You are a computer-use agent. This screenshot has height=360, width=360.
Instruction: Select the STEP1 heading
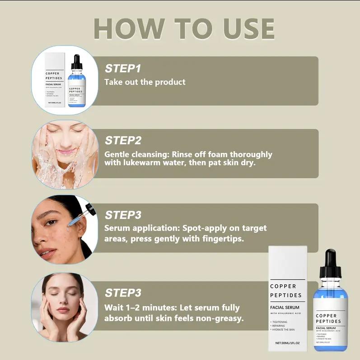tap(123, 69)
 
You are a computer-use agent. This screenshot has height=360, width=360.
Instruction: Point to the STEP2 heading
tap(123, 140)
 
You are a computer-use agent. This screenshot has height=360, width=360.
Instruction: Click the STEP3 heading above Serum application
tap(123, 215)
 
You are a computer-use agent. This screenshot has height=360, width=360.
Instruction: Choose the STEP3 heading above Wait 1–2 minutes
tap(123, 293)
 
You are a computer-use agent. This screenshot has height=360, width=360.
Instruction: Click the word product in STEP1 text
tap(170, 82)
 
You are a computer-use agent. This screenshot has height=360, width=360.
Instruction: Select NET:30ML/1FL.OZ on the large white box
tap(287, 343)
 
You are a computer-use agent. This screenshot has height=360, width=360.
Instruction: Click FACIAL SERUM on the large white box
tap(285, 307)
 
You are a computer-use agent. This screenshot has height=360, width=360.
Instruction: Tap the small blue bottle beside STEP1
tap(77, 86)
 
